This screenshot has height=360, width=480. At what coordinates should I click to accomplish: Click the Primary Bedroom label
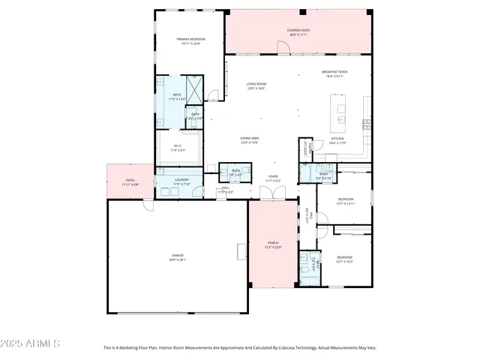pyautogui.click(x=190, y=40)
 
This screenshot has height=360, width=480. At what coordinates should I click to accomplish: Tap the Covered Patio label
pyautogui.click(x=298, y=32)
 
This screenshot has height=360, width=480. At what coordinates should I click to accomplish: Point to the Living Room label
pyautogui.click(x=257, y=85)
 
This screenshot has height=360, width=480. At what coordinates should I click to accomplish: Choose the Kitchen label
pyautogui.click(x=337, y=140)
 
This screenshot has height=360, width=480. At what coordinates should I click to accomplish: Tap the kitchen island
pyautogui.click(x=341, y=113)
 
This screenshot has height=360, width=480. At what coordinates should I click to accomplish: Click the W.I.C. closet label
pyautogui.click(x=178, y=148)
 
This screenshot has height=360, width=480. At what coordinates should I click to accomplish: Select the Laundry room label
pyautogui.click(x=181, y=181)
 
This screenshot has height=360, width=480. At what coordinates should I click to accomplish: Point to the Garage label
pyautogui.click(x=177, y=257)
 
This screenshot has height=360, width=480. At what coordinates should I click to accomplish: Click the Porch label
pyautogui.click(x=274, y=245)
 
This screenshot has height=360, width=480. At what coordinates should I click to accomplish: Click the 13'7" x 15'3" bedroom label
pyautogui.click(x=344, y=259)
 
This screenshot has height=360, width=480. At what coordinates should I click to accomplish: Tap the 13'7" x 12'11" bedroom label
pyautogui.click(x=344, y=201)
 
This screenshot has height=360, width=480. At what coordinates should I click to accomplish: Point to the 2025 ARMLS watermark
pyautogui.click(x=30, y=343)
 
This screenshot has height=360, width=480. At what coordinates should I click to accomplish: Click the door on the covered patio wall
pyautogui.click(x=283, y=49)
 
